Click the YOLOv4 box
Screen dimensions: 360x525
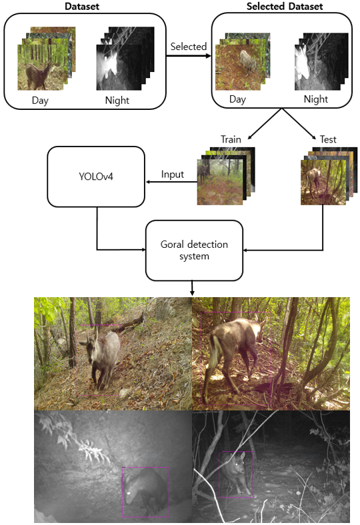(96, 177)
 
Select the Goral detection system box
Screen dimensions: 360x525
(194, 250)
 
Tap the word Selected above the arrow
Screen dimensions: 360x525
(188, 47)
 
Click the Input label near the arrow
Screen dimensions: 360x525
(173, 174)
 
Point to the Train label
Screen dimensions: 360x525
(231, 139)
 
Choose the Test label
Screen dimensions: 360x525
(328, 139)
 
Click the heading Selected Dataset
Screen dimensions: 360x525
(285, 7)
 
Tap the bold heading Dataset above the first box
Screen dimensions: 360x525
(82, 7)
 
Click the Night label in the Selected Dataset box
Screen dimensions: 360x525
(316, 99)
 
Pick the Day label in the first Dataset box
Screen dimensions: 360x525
(40, 101)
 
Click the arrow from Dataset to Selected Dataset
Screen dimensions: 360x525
(189, 55)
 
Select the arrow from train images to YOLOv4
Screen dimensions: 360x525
(171, 182)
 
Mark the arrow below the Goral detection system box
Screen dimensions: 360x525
(192, 288)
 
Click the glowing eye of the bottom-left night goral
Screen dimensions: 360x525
(129, 493)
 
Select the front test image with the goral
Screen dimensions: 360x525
(323, 182)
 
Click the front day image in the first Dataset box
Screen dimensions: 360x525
(40, 67)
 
